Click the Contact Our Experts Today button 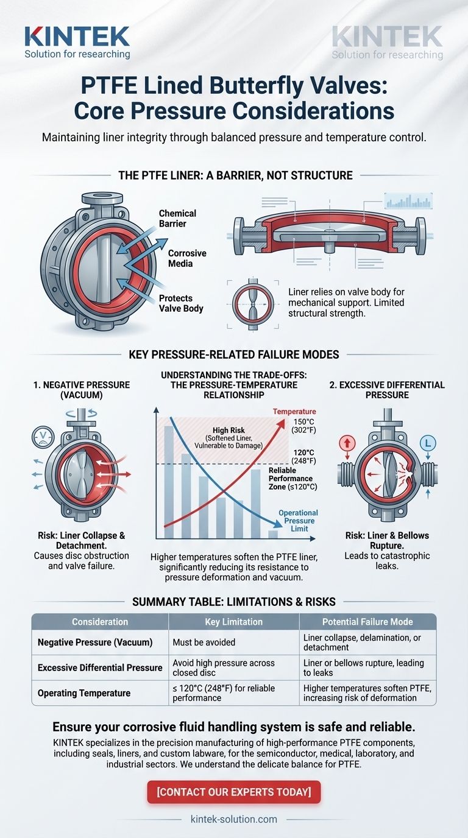click(x=233, y=792)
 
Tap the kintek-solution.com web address click(x=233, y=819)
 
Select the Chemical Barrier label click(x=177, y=218)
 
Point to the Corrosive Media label click(x=187, y=258)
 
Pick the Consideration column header click(x=100, y=622)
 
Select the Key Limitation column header click(x=233, y=622)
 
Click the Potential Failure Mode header click(x=367, y=622)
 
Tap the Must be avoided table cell click(x=201, y=642)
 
